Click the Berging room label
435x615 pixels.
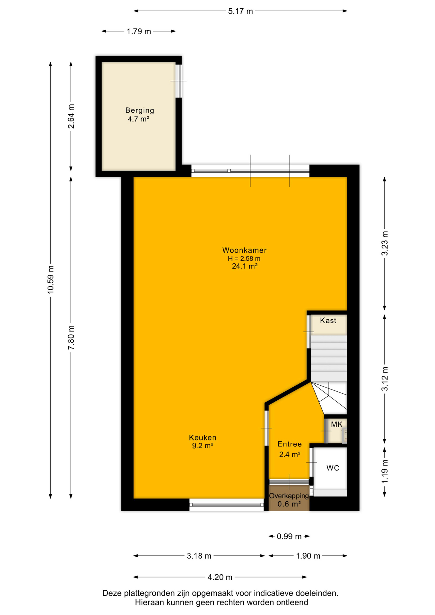tap(140, 110)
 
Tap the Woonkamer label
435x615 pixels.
tap(244, 250)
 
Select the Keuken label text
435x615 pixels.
tap(202, 438)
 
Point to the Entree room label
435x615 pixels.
tap(290, 444)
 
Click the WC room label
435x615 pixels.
tap(333, 468)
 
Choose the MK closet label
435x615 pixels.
tap(337, 424)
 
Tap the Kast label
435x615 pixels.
tap(328, 320)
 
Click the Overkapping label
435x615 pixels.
tap(289, 496)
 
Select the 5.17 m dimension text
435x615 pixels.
tap(241, 12)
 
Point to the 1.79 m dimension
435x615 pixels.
tap(139, 31)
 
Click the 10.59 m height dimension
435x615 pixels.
tap(51, 279)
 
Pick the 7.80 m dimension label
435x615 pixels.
tap(71, 338)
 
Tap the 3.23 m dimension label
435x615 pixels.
tap(385, 243)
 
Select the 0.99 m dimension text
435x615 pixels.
tap(289, 536)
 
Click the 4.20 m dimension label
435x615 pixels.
tap(220, 577)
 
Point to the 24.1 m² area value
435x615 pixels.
tap(245, 266)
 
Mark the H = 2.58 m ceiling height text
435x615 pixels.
tap(244, 258)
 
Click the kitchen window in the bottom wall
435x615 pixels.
tap(226, 504)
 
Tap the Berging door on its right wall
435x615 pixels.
tap(179, 81)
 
